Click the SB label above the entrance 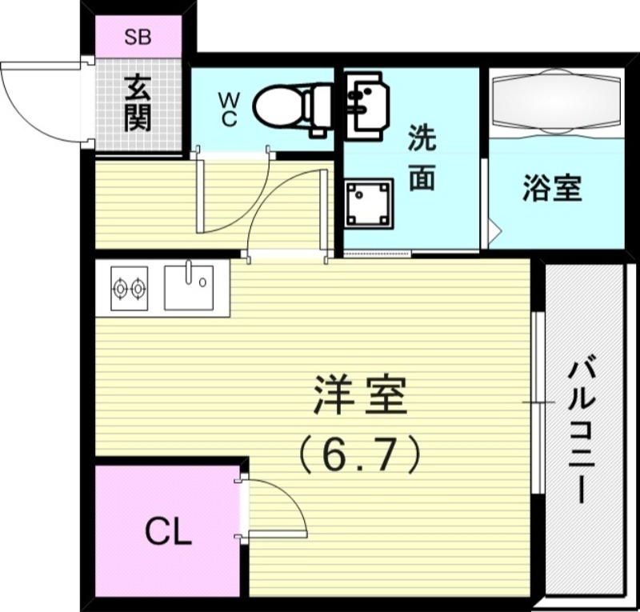coord(138,37)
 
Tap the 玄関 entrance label coord(138,103)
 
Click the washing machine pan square coord(369,202)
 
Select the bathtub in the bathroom coord(557,103)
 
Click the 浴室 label coord(552,189)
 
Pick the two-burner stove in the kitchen coord(129,287)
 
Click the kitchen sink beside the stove coord(189,286)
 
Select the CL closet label coord(169,532)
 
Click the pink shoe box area coord(138,37)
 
